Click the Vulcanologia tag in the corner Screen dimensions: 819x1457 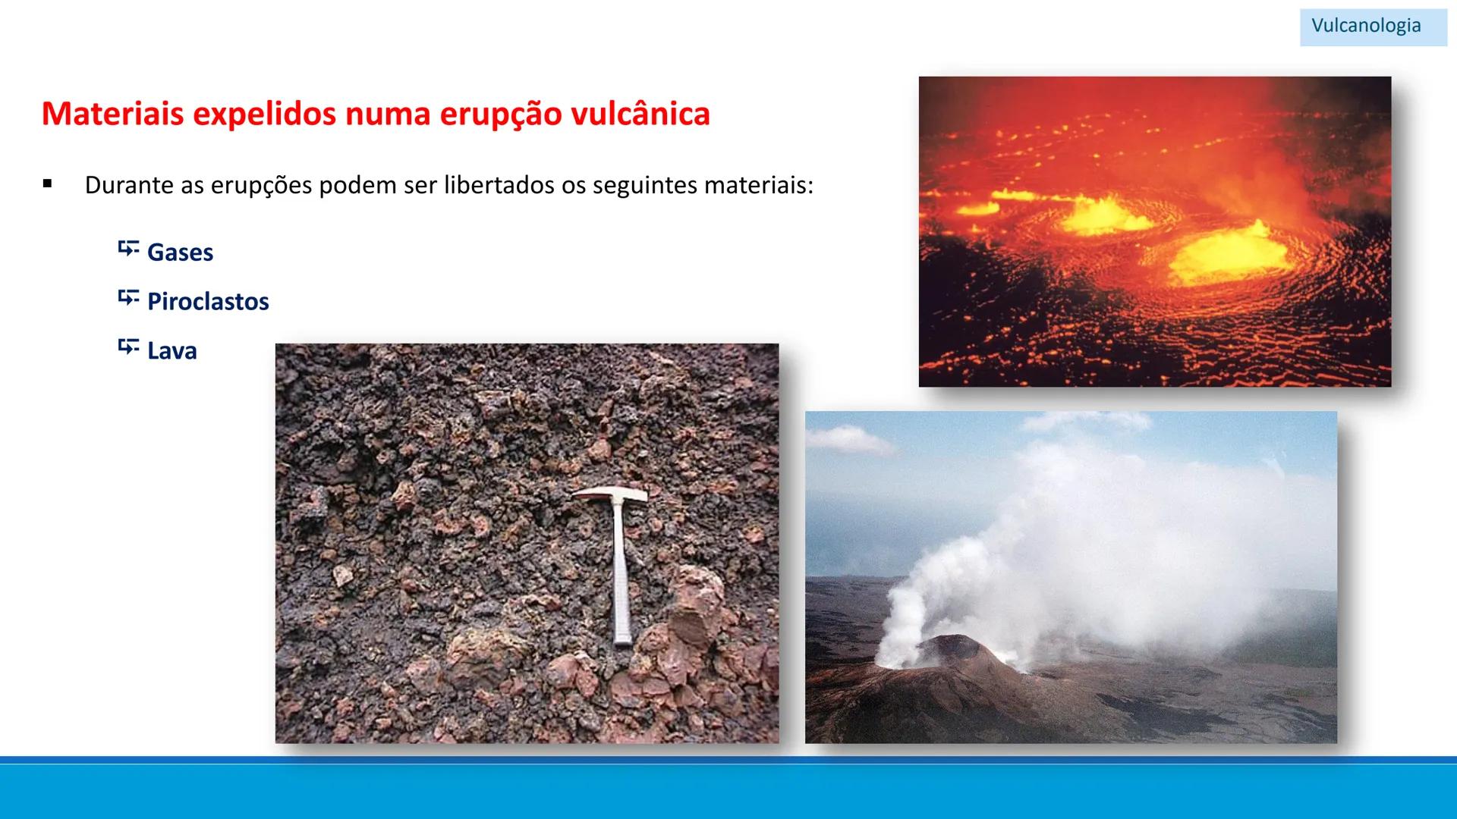point(1366,26)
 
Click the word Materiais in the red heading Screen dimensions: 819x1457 point(112,114)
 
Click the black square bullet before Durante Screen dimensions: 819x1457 point(48,184)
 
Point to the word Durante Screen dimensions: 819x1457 point(129,185)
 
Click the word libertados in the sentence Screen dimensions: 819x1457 point(499,185)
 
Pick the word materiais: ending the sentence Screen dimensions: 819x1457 point(758,185)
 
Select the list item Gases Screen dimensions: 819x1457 point(180,253)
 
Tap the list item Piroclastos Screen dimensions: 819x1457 point(208,302)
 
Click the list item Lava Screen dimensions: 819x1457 point(172,351)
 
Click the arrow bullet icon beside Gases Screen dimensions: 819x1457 point(128,249)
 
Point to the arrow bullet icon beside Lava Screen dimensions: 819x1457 point(128,347)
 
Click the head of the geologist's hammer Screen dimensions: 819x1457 point(611,495)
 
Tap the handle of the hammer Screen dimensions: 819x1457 point(620,576)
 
